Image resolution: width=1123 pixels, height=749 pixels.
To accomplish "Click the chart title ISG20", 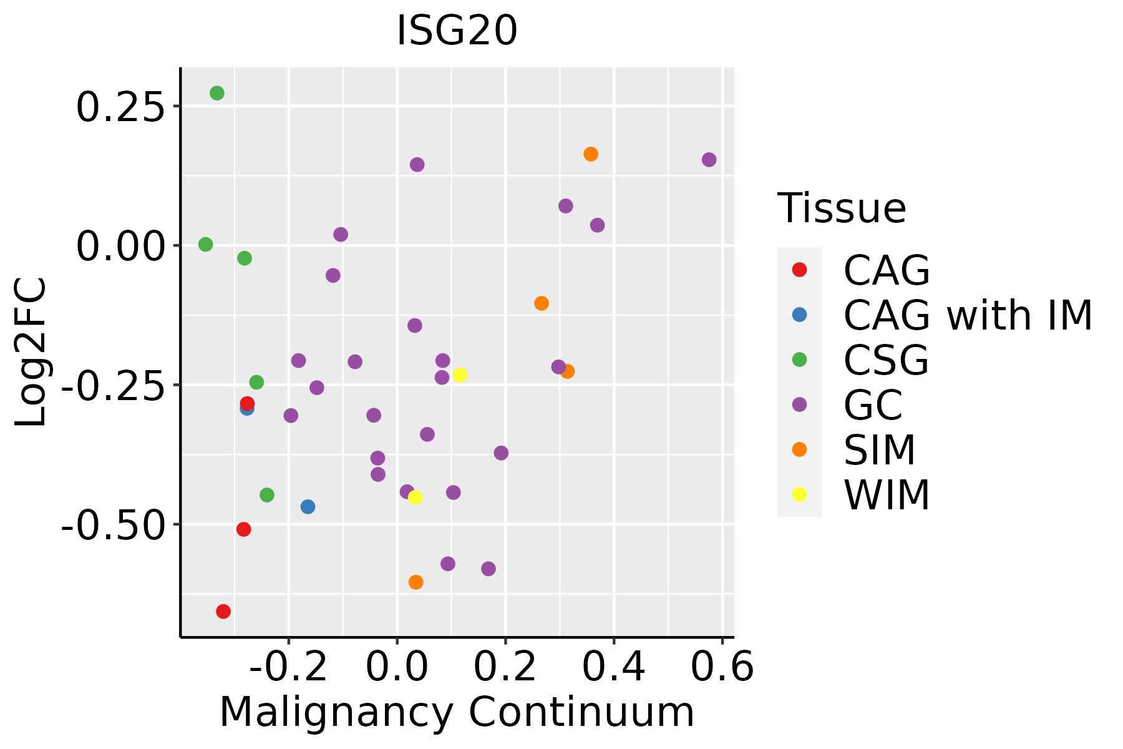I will coord(457,31).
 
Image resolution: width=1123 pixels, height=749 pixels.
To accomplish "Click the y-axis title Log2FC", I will coord(31,352).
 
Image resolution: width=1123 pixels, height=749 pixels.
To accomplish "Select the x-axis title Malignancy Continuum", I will coord(457,712).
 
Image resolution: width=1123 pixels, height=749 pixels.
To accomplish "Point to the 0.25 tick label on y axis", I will coord(120,107).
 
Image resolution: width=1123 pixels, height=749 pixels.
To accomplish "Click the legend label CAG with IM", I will coord(967,315).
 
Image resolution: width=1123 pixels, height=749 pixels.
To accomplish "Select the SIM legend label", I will coord(879,450).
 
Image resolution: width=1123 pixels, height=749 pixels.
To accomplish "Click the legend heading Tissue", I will coord(841,208).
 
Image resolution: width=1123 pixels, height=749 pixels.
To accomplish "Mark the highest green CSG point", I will coord(217,94).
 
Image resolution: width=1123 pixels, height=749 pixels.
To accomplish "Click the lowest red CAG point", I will coord(223,611).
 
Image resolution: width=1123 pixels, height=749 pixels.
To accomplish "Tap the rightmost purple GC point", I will coord(709,160).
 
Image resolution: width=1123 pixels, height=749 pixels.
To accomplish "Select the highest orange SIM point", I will coord(591,154).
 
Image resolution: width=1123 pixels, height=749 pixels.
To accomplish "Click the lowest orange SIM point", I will coord(416,582).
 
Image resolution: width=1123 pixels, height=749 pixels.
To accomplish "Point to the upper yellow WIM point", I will coord(460,375).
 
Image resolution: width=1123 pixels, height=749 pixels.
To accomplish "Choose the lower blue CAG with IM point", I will coord(308,507).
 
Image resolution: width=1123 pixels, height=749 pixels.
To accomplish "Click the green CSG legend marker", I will coord(799,360).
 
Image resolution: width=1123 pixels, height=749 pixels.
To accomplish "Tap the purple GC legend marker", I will coord(799,404).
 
